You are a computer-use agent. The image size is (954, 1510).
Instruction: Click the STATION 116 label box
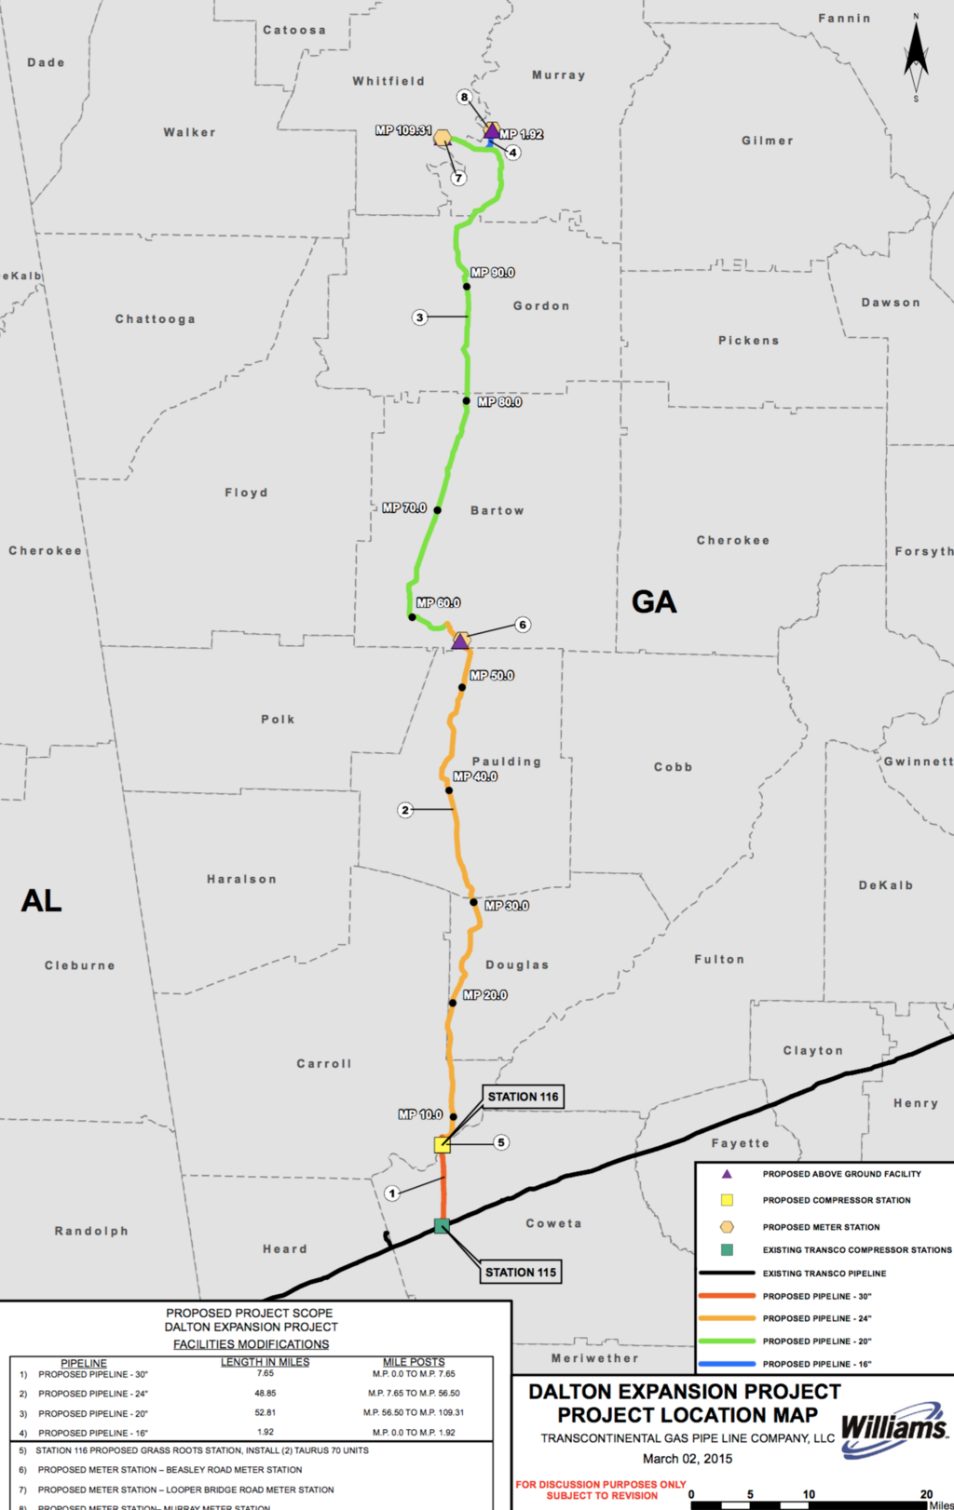[x=523, y=1097]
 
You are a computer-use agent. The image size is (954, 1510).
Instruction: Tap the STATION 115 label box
[x=521, y=1272]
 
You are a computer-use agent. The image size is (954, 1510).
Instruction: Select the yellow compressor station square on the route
[x=443, y=1144]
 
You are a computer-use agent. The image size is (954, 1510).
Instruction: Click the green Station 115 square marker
[x=442, y=1226]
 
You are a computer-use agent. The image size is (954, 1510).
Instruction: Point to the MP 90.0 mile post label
[x=492, y=273]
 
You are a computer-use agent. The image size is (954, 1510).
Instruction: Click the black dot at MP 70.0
[x=437, y=510]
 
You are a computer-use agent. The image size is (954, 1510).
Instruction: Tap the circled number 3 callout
[x=420, y=317]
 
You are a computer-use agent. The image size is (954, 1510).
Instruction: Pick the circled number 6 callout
[x=523, y=625]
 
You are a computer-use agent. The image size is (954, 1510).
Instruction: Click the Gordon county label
[x=541, y=305]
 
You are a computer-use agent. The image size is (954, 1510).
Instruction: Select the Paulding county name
[x=506, y=762]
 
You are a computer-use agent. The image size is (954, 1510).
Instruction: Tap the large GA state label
[x=654, y=602]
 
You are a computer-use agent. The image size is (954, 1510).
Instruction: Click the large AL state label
[x=41, y=900]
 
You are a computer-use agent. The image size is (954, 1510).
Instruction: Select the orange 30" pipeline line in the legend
[x=727, y=1296]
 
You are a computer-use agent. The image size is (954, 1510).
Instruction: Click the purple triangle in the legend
[x=727, y=1174]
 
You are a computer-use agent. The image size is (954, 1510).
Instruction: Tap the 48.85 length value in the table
[x=266, y=1394]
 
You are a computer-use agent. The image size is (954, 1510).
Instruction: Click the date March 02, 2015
[x=687, y=1459]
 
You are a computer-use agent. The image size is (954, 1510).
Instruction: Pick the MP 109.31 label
[x=403, y=130]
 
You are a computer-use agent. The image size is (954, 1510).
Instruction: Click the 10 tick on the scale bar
[x=809, y=1494]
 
